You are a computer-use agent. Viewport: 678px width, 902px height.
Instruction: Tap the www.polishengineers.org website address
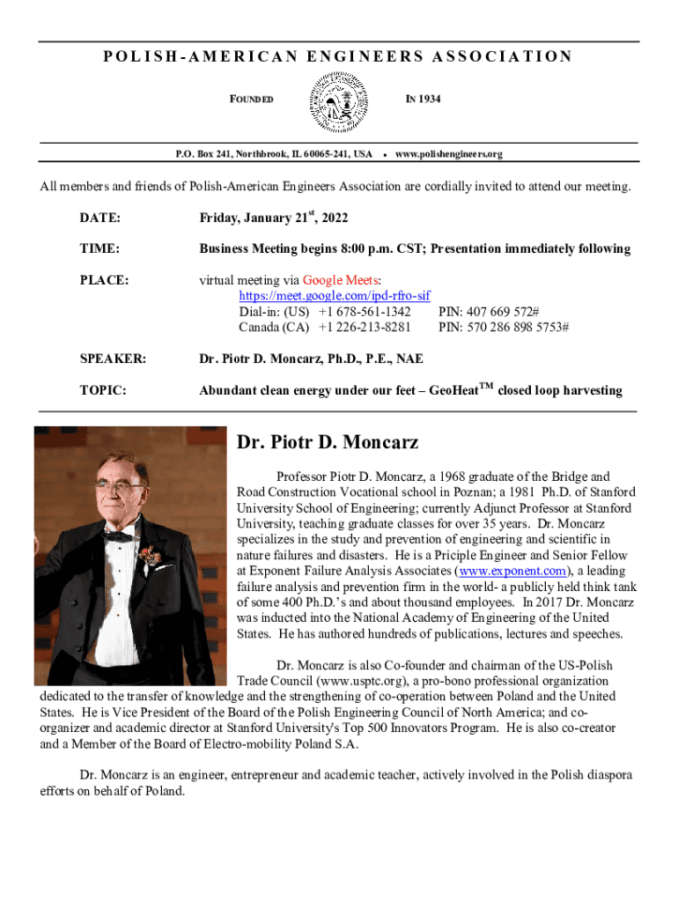[x=449, y=154]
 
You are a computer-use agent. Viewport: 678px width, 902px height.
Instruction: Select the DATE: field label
[x=100, y=218]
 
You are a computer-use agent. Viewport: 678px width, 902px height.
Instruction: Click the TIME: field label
[x=99, y=249]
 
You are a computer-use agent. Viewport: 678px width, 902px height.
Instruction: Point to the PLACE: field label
[x=105, y=280]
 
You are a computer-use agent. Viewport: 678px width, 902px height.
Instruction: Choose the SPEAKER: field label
[x=113, y=359]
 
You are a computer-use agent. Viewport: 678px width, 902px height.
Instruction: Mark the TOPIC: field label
[x=103, y=390]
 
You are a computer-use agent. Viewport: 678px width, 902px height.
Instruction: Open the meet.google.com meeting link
[x=335, y=296]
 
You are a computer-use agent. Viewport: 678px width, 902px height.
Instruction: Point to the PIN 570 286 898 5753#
[x=503, y=327]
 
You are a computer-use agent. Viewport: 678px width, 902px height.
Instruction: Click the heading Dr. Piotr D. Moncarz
[x=328, y=441]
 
